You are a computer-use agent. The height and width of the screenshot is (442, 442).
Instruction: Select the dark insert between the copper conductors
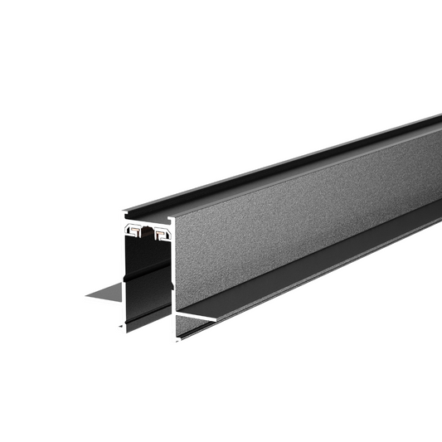[x=147, y=231]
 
